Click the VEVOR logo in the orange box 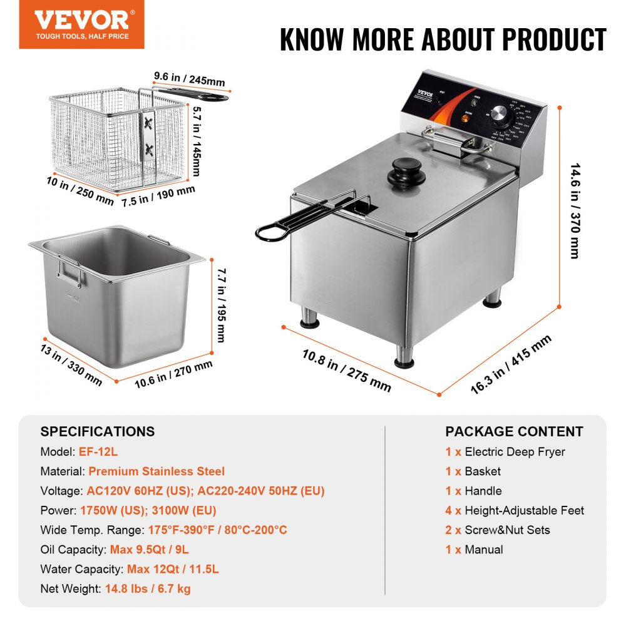[x=81, y=20]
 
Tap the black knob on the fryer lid [x=406, y=170]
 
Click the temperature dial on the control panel [x=500, y=115]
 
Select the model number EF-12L [x=98, y=451]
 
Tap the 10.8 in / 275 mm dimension [x=346, y=371]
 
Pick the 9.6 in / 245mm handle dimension [x=189, y=80]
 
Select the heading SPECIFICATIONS [x=97, y=431]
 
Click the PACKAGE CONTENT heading [x=514, y=431]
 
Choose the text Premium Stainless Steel [x=156, y=471]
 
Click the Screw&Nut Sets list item [x=507, y=530]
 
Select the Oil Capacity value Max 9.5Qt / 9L [x=149, y=550]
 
